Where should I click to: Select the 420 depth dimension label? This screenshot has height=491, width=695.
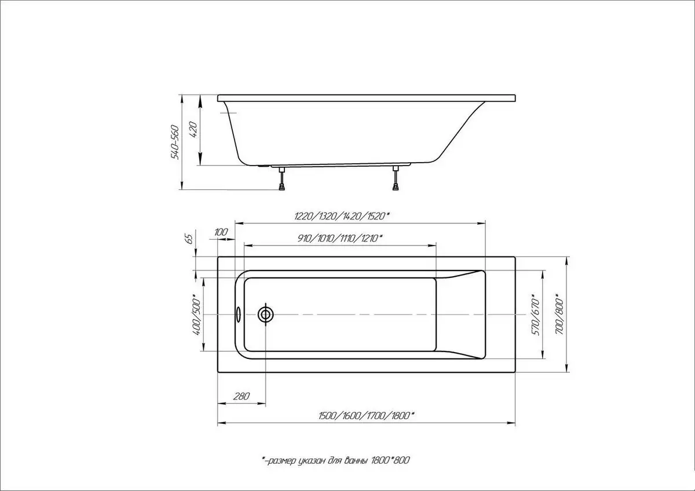(x=195, y=132)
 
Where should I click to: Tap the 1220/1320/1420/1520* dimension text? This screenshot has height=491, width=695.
(x=342, y=217)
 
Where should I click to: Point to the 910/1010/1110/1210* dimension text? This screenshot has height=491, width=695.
(x=340, y=238)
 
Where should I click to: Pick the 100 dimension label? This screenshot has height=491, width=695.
(x=221, y=232)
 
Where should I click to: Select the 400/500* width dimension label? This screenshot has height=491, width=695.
(x=196, y=314)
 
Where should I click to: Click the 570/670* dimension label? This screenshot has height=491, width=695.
(x=536, y=317)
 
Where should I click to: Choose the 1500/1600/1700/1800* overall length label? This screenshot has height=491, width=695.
(x=365, y=416)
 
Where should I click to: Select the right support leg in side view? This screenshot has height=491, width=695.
(x=396, y=178)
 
